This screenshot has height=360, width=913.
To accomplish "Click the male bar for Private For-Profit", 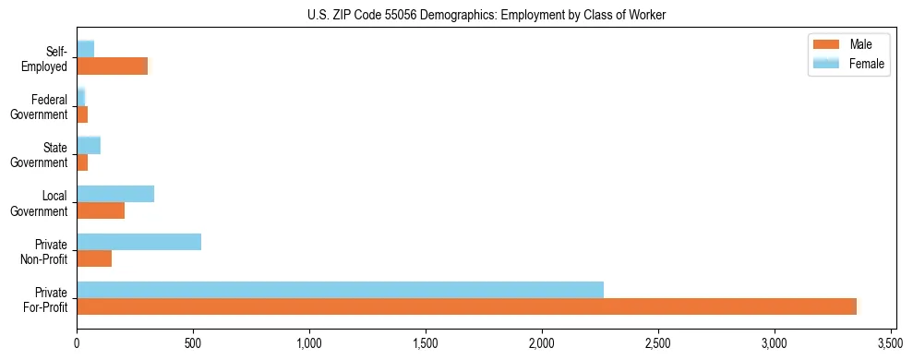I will tap(466, 306).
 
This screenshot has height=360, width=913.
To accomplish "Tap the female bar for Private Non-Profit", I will tap(138, 242).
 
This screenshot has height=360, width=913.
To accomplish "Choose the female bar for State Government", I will tap(89, 146).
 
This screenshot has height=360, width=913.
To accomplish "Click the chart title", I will tap(473, 16).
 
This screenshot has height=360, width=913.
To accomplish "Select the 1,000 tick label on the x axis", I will tap(309, 342).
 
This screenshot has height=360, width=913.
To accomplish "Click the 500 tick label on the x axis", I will tap(193, 342).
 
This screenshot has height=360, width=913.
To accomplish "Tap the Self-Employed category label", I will tap(44, 58).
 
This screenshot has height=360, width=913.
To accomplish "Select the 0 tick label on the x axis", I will tap(77, 342).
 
